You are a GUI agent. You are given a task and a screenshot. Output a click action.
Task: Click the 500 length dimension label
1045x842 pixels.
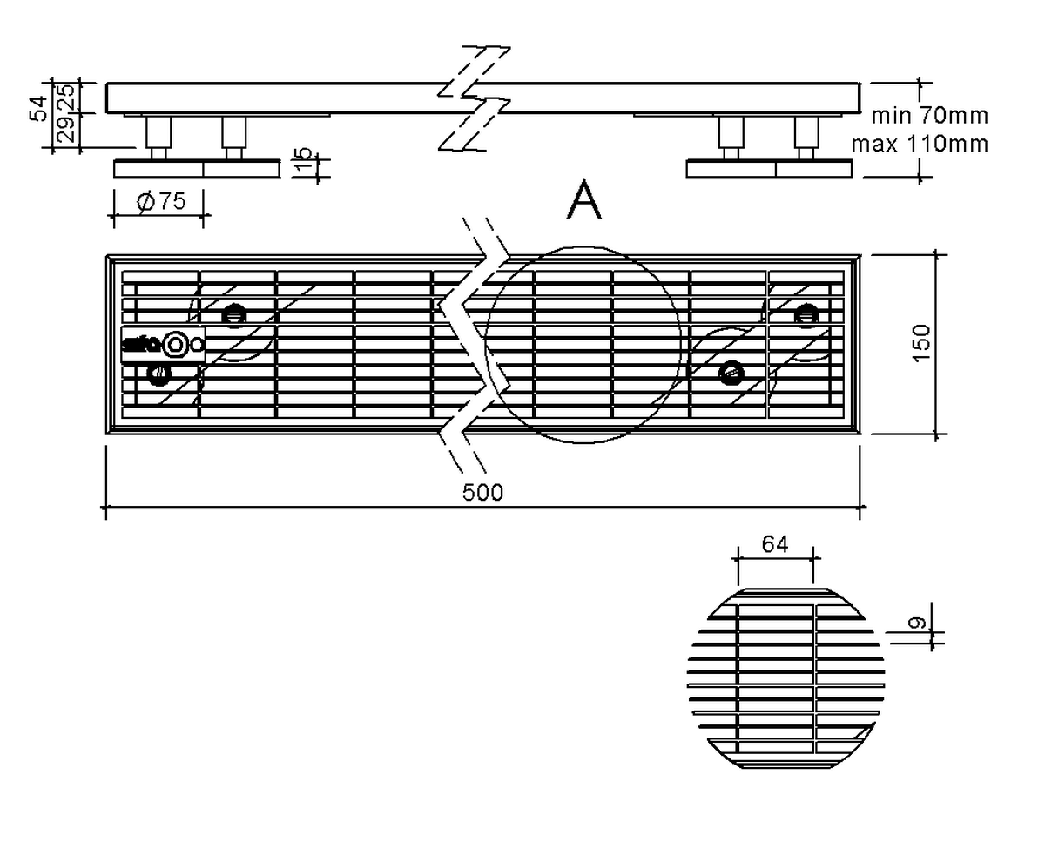tap(482, 493)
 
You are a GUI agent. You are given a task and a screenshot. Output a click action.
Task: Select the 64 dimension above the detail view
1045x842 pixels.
tap(774, 544)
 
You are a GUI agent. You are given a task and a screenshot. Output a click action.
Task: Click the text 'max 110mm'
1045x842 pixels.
tap(920, 143)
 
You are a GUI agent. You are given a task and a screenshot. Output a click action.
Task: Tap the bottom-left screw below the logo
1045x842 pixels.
tap(158, 374)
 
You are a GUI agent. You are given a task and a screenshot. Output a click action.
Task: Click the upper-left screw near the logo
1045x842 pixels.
tap(233, 315)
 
